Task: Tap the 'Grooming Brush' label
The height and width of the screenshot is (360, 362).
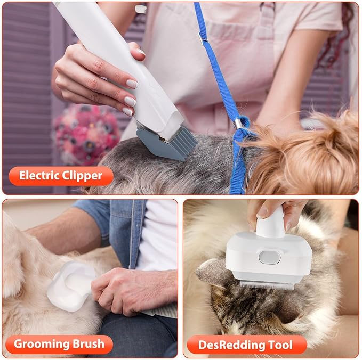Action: [58, 344]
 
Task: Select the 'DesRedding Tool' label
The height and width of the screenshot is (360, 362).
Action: [245, 345]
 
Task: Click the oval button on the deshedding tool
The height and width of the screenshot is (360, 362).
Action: [269, 257]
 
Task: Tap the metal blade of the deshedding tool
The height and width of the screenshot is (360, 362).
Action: [266, 284]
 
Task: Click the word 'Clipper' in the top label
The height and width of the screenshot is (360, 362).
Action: [85, 175]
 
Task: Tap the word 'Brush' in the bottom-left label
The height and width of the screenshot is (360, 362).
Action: [89, 344]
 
